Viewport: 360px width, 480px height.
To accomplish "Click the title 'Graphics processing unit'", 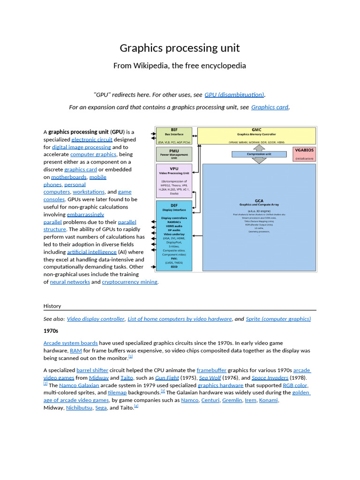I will [x=180, y=48].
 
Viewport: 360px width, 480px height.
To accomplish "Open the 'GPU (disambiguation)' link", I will [x=234, y=95].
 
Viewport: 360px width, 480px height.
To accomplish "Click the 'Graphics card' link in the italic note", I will [x=270, y=107].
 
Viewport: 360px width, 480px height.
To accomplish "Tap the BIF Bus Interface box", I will [x=174, y=135].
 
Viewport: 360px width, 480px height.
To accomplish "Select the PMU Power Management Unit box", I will [x=174, y=154].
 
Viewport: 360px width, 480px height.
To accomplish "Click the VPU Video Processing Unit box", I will [x=174, y=180].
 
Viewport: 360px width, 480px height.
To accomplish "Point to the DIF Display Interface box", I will [x=174, y=236].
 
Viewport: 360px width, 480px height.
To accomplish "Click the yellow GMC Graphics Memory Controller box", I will [x=256, y=135].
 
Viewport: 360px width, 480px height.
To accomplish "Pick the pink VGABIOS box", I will [x=304, y=154].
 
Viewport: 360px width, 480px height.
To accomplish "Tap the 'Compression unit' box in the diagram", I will [x=259, y=154].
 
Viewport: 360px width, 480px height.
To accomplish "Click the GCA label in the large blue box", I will [x=259, y=201].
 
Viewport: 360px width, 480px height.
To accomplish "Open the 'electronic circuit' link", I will [x=91, y=140].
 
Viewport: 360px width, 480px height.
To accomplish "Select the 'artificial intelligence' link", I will [x=91, y=252].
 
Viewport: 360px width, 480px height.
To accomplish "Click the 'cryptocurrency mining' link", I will [x=130, y=282].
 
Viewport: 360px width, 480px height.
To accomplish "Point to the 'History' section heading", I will [x=52, y=306].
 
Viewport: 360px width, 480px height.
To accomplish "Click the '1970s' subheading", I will [x=51, y=331].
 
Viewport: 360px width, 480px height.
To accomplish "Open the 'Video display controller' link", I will [x=96, y=319].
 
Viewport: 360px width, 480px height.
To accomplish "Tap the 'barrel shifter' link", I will [x=92, y=370].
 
